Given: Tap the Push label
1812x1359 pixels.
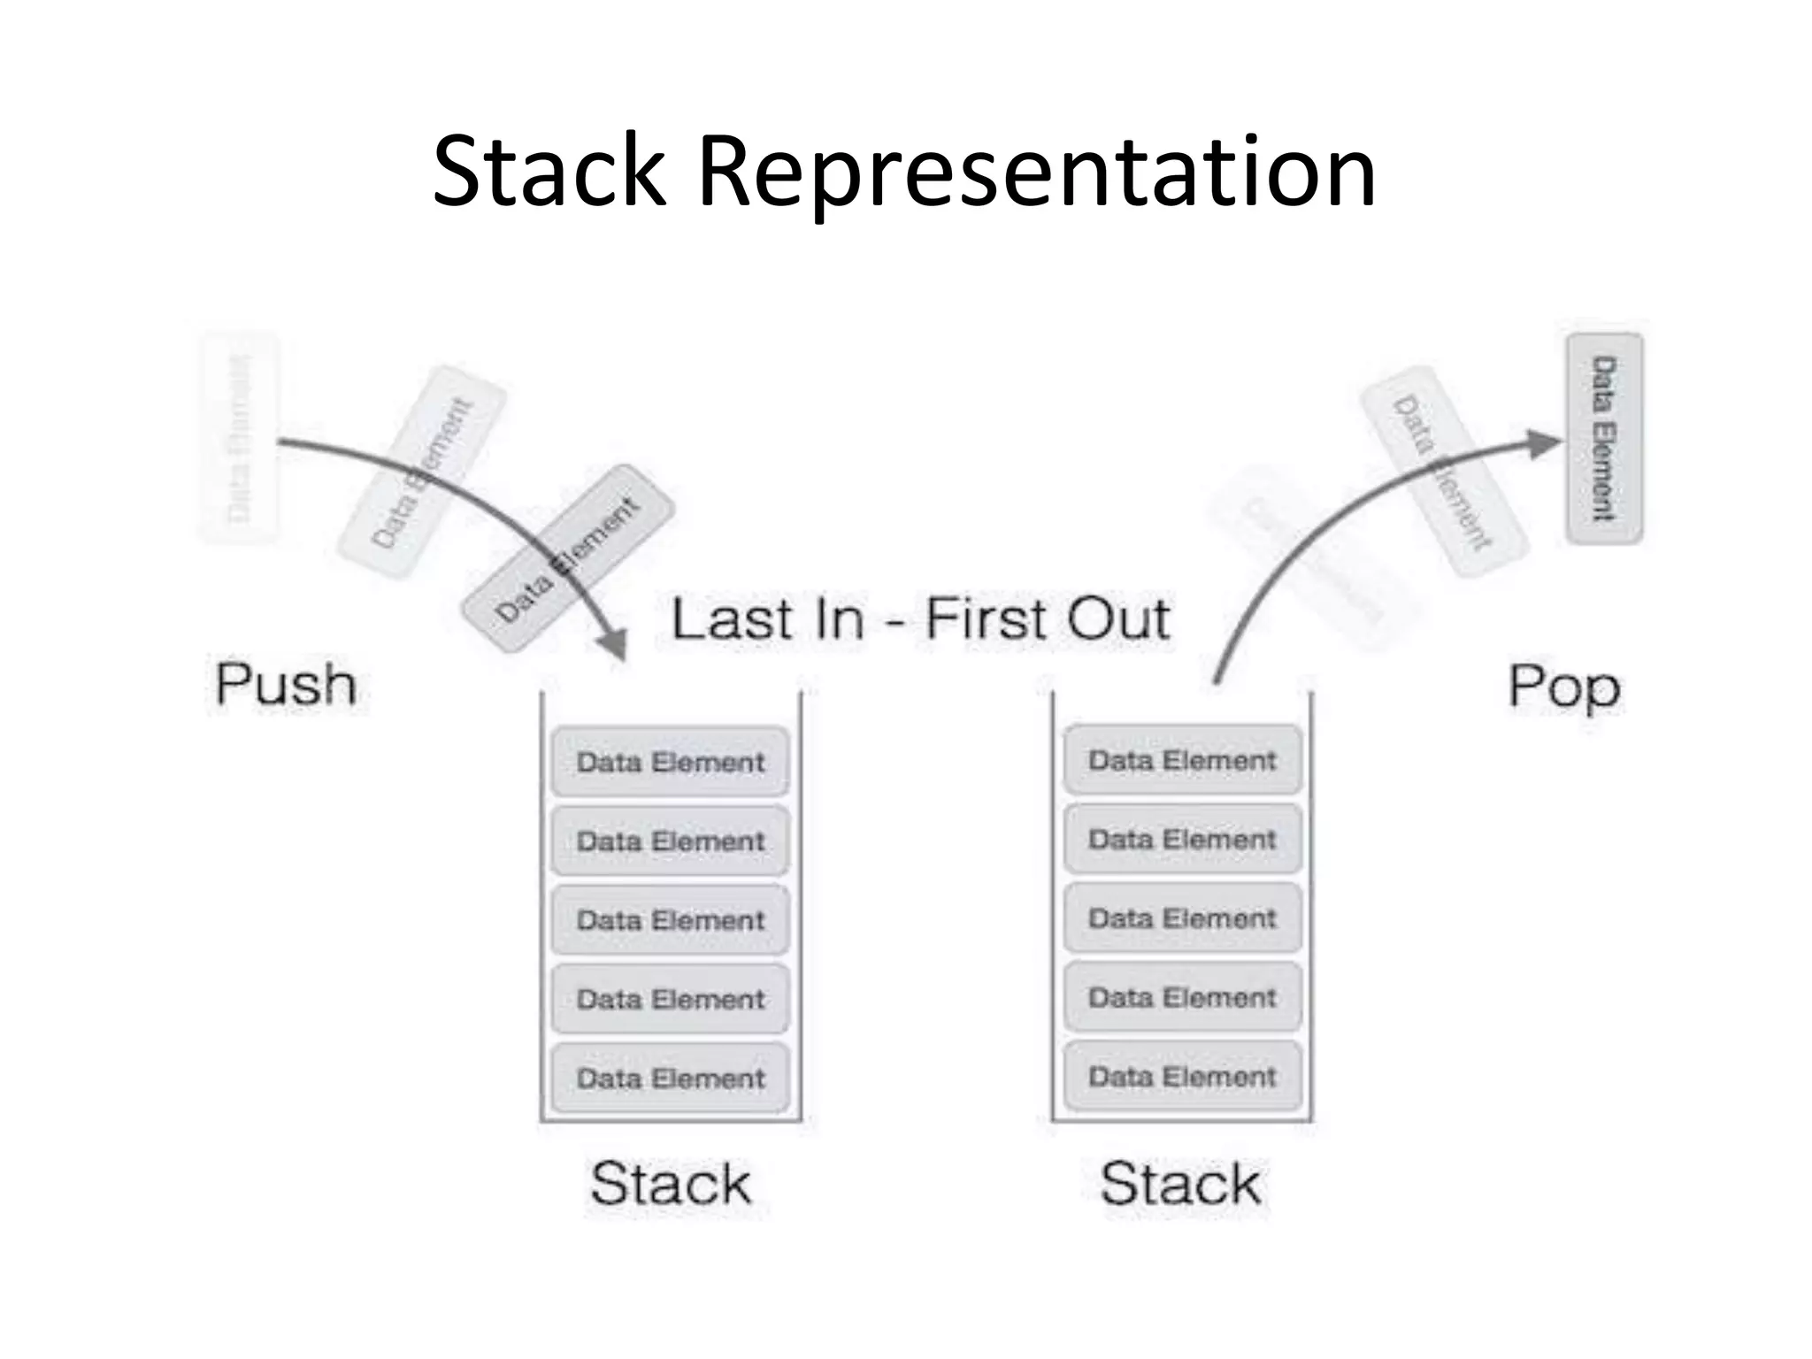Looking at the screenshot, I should [x=286, y=684].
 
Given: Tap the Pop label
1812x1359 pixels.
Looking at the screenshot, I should [x=1563, y=687].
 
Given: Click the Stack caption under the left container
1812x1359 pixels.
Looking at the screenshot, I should [x=671, y=1183].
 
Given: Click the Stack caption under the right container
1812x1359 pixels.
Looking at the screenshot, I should [x=1180, y=1183].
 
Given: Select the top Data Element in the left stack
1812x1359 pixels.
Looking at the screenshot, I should [x=670, y=762].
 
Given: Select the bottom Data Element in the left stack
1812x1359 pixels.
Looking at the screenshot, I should [x=670, y=1078].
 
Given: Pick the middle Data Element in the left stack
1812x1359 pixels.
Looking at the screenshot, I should [x=670, y=920].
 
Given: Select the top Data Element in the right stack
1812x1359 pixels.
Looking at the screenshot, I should [x=1182, y=760].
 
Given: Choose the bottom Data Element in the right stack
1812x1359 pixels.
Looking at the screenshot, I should [x=1182, y=1076].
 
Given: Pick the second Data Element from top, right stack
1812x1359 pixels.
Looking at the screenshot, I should [x=1182, y=839].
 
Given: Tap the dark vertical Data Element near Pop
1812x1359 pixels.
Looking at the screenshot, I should [x=1604, y=438].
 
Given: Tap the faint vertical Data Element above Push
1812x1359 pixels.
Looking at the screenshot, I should [x=238, y=438].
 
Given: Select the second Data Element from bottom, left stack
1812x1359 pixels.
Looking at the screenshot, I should [x=670, y=999].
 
